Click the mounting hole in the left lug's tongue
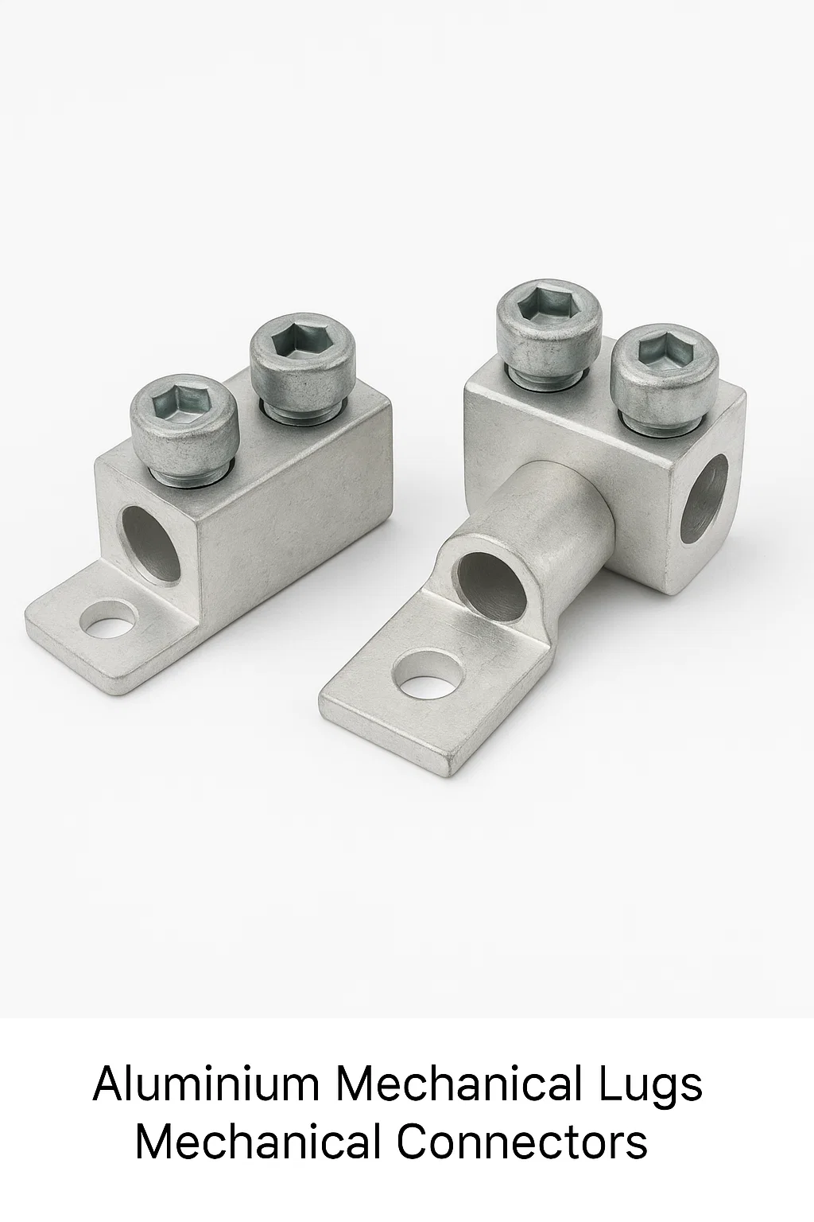108,621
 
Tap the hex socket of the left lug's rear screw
297,343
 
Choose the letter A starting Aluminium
109,1084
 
